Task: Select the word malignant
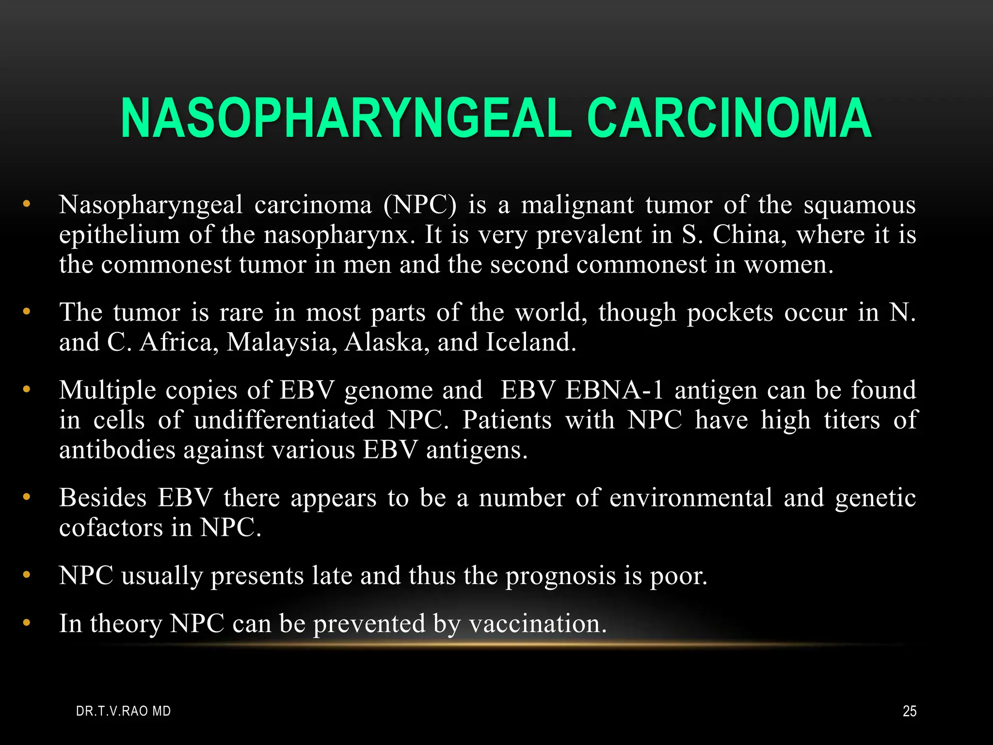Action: [577, 205]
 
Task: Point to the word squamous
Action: [860, 205]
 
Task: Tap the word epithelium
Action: [118, 235]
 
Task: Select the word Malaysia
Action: [282, 342]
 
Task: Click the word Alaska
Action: [386, 342]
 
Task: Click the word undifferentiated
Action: [285, 420]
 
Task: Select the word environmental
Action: [690, 499]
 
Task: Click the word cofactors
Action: [111, 528]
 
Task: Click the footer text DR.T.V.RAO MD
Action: [124, 712]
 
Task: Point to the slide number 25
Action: [910, 712]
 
